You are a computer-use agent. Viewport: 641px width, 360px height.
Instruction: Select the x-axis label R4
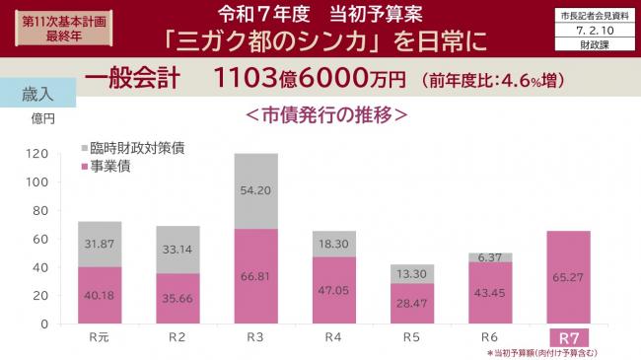(336, 337)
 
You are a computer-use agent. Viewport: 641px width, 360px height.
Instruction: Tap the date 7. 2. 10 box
(592, 31)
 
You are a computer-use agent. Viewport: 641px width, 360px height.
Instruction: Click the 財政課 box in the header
(592, 44)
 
